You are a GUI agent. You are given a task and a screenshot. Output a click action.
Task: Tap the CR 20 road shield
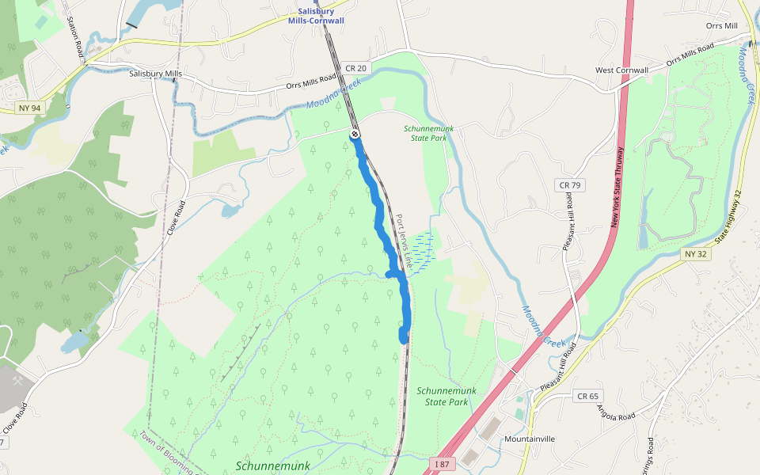click(355, 69)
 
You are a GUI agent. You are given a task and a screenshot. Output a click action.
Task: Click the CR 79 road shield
click(569, 185)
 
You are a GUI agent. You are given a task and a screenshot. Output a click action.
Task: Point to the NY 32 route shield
click(697, 254)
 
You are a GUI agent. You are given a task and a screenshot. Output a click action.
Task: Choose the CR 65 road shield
click(587, 396)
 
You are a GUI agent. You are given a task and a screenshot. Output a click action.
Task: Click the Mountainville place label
click(530, 439)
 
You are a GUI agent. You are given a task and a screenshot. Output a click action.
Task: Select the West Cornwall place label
click(621, 70)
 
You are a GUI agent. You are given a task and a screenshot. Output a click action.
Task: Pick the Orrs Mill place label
click(721, 26)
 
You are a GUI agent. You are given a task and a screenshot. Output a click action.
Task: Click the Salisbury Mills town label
click(156, 74)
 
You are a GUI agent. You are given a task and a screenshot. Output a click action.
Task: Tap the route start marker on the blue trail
click(355, 135)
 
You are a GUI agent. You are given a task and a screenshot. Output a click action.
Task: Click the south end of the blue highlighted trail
click(404, 339)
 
